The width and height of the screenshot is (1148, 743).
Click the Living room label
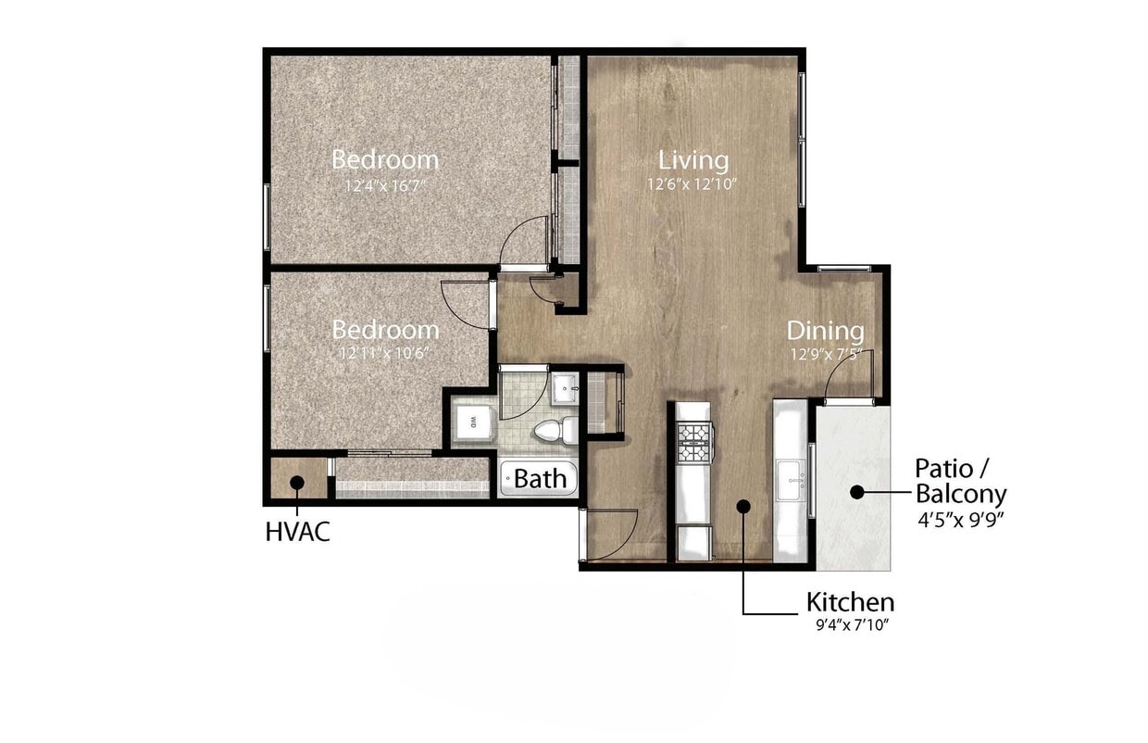693,159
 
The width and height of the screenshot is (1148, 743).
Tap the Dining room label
825,331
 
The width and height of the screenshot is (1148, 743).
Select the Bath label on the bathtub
540,479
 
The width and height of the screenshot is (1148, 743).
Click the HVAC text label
297,533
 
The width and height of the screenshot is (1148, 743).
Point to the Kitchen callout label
849,602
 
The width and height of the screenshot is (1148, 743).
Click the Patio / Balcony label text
960,480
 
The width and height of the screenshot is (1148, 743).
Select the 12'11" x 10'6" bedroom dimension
384,353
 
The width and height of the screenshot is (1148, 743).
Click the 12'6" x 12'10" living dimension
692,184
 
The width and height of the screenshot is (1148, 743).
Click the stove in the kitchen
694,442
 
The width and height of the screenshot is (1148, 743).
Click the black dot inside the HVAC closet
297,483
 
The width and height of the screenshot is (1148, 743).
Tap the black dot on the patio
857,493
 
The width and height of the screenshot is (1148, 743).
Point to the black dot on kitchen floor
742,506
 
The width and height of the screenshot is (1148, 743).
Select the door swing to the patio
847,380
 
